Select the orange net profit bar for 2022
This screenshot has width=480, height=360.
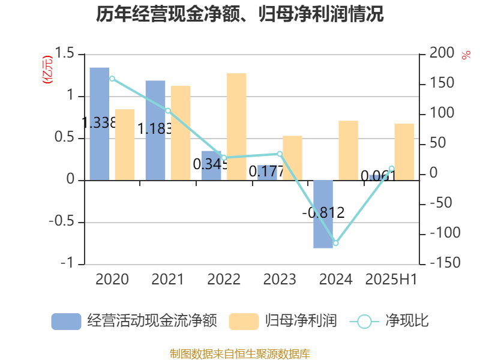pos(236,126)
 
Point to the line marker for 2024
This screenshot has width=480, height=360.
pos(335,243)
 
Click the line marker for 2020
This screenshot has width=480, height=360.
pos(112,79)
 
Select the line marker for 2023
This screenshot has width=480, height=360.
pos(280,154)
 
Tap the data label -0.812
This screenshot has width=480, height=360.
pos(323,212)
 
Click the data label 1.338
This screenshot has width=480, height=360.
pos(99,123)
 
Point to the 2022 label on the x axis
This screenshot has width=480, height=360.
pos(224,280)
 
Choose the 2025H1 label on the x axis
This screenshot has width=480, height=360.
pos(391,280)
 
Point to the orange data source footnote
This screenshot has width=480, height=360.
pos(240,353)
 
